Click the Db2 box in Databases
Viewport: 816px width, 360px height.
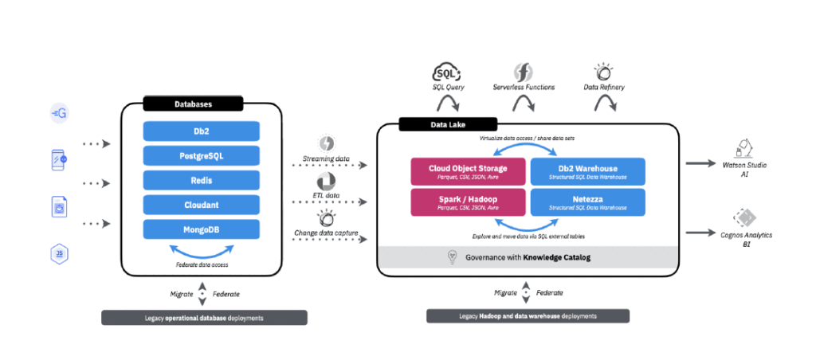click(x=202, y=131)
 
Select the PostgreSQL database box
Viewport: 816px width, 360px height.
click(x=202, y=155)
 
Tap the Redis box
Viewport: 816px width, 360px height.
click(x=202, y=180)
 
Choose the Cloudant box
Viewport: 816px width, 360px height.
click(x=202, y=205)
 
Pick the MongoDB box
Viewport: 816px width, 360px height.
click(x=202, y=229)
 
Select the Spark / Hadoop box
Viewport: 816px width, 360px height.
click(x=469, y=202)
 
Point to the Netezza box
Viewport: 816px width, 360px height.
click(x=588, y=202)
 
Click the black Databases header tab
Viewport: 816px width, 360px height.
click(x=193, y=104)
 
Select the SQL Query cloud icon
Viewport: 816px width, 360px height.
click(x=448, y=72)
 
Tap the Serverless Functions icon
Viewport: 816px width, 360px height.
click(x=523, y=71)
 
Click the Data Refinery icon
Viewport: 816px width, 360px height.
click(x=603, y=71)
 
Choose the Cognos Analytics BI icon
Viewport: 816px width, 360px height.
click(x=746, y=217)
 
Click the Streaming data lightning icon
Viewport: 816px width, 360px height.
click(x=326, y=143)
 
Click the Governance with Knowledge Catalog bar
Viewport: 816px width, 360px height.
click(x=528, y=257)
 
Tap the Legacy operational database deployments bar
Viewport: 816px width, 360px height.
click(x=204, y=318)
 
